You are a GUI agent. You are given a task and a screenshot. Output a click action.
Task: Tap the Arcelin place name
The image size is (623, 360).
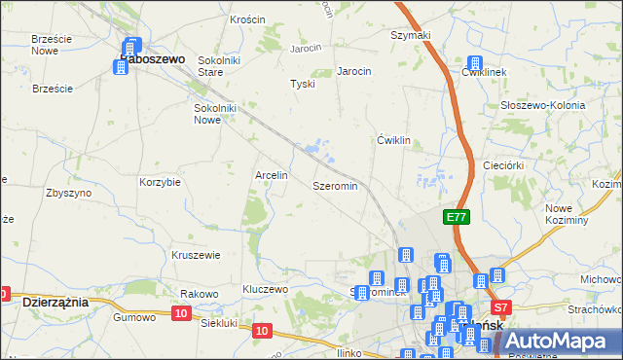(x=271, y=176)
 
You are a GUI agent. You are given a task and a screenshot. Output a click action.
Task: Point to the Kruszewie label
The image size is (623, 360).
(x=196, y=255)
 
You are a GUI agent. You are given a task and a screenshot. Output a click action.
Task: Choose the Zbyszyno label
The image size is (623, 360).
(x=68, y=193)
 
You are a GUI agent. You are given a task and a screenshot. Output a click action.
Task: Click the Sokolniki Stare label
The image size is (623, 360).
(x=219, y=65)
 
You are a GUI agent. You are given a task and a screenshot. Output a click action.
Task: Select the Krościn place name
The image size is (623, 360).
(x=248, y=19)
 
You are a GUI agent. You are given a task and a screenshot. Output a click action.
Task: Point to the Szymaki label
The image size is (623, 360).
(x=410, y=35)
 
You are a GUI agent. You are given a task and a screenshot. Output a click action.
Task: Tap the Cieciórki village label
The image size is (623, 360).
(x=505, y=166)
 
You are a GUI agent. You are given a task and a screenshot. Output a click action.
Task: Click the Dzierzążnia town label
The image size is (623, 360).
(x=55, y=303)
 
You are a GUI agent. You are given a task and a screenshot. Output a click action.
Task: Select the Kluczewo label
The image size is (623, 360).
(x=266, y=290)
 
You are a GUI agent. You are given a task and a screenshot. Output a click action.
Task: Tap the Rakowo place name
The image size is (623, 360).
(x=198, y=294)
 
